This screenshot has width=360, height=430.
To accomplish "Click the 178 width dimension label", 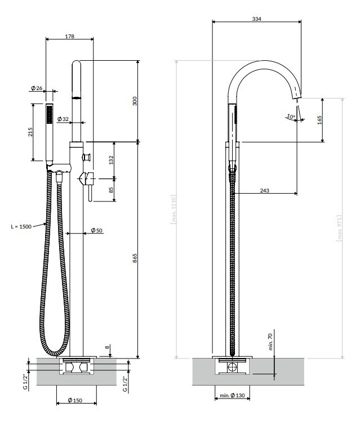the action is (x=69, y=36).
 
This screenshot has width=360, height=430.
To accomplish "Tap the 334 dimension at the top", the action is (x=256, y=19).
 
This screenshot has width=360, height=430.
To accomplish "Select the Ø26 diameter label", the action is (x=37, y=88).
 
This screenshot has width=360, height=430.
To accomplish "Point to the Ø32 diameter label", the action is (x=63, y=119).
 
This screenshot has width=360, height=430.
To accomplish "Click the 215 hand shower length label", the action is (x=30, y=132).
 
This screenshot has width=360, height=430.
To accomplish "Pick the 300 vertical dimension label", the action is (x=134, y=101).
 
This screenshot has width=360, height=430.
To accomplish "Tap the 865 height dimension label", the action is (x=135, y=258).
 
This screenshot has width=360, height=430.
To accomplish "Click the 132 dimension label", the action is (x=111, y=160).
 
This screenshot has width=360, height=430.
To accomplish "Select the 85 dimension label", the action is (x=111, y=190).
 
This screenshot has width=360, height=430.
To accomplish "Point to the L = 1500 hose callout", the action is (x=21, y=226).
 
